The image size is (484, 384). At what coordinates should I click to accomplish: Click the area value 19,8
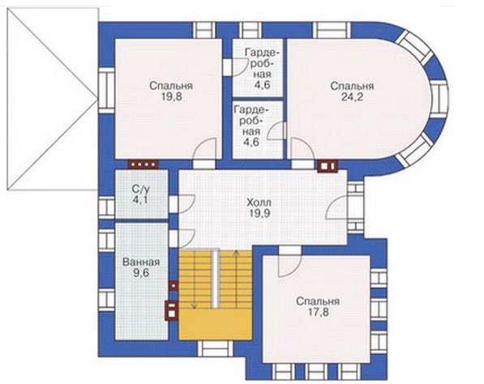171,97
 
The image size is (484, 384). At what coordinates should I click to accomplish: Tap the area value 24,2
352,97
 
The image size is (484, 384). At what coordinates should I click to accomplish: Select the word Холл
259,203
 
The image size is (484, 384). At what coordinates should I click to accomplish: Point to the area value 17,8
318,312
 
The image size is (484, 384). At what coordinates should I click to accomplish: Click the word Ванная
141,262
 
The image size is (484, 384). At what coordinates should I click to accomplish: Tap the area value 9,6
142,273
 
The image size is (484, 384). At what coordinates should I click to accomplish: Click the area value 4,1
140,199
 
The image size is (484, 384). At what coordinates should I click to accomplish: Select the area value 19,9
259,213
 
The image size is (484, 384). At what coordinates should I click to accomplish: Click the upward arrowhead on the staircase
237,253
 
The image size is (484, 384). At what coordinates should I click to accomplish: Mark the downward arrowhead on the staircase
194,306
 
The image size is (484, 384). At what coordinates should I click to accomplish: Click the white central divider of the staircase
215,279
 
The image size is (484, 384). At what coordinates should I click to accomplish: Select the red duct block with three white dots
143,164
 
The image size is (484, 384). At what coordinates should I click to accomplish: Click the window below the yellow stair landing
216,349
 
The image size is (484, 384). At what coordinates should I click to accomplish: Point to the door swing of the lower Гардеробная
276,130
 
